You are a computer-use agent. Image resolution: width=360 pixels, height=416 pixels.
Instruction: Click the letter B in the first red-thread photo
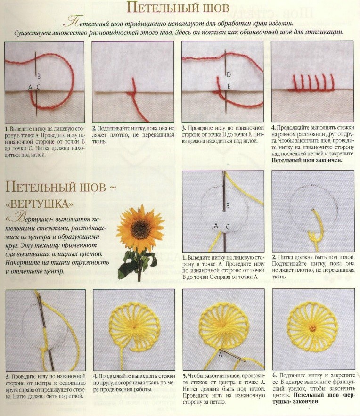click(39, 76)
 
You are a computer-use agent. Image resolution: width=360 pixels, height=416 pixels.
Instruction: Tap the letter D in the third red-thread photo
click(229, 74)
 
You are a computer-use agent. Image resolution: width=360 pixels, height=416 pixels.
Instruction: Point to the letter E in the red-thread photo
click(229, 87)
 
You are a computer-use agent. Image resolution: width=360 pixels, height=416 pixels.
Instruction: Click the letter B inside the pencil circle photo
click(228, 206)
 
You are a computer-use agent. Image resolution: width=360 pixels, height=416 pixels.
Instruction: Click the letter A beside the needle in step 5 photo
click(220, 355)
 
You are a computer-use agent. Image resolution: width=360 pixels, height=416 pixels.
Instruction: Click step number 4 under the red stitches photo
click(273, 128)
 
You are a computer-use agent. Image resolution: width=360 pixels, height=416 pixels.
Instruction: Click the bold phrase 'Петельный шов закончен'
click(307, 160)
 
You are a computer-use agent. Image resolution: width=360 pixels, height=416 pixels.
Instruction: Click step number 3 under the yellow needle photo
click(7, 376)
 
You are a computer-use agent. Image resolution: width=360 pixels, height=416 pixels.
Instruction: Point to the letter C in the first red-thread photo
click(39, 87)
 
